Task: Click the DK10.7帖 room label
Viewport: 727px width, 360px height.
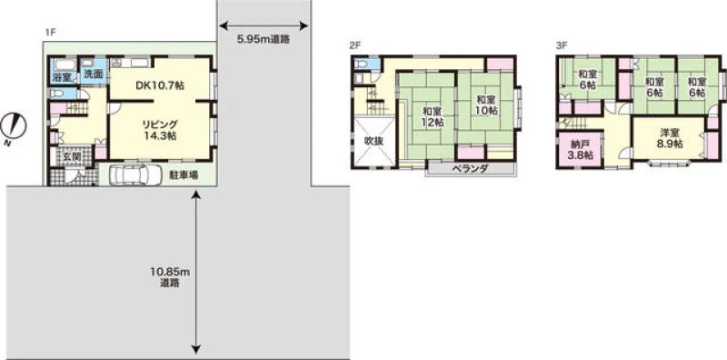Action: point(161,85)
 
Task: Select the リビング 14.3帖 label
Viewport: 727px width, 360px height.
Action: point(160,129)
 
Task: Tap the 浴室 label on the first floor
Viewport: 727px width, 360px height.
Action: point(64,77)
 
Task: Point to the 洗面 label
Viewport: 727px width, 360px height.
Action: point(94,75)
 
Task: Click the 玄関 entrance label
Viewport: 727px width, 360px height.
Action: point(72,156)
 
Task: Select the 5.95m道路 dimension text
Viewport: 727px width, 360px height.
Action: point(264,39)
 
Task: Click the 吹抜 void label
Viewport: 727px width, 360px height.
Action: point(373,141)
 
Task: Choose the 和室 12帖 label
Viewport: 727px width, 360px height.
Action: point(433,117)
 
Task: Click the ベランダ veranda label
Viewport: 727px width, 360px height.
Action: point(470,168)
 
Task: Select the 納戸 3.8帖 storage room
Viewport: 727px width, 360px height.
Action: point(581,150)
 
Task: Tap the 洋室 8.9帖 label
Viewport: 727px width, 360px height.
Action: point(670,138)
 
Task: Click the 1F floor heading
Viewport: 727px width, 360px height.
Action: point(51,33)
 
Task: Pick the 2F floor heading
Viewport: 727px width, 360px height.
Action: point(355,45)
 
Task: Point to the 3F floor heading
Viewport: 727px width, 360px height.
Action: point(562,45)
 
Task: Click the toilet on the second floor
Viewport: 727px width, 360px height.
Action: point(362,64)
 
